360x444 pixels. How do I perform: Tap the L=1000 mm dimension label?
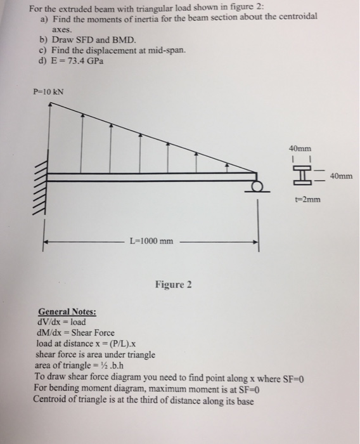(x=151, y=241)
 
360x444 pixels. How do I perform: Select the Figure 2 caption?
(x=172, y=284)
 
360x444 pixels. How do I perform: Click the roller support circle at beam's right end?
(x=257, y=187)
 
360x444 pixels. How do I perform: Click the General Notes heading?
(x=67, y=311)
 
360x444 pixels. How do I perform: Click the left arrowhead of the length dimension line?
(x=46, y=242)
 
